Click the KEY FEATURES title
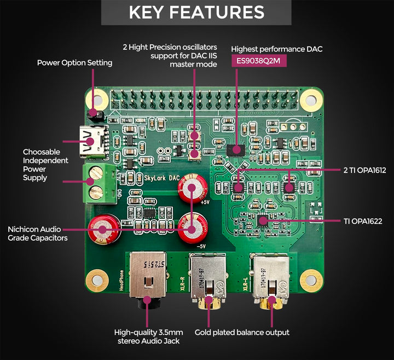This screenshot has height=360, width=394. point(196,13)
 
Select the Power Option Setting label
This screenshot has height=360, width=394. point(74,62)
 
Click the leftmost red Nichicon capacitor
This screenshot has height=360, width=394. point(105,229)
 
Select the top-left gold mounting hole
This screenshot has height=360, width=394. point(99,101)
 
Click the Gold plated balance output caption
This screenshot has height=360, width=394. point(242,332)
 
